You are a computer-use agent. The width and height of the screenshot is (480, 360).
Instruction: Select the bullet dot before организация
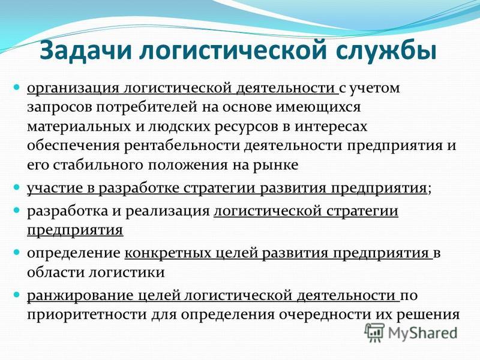point(17,88)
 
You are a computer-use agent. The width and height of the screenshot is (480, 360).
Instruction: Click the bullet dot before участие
point(17,187)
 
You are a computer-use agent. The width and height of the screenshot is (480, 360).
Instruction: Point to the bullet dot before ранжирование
point(17,295)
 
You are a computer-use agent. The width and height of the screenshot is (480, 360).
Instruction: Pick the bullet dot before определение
point(17,252)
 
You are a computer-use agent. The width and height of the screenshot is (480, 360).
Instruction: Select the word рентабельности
point(182,145)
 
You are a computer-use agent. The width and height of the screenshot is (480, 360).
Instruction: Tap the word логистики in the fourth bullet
point(127,272)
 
